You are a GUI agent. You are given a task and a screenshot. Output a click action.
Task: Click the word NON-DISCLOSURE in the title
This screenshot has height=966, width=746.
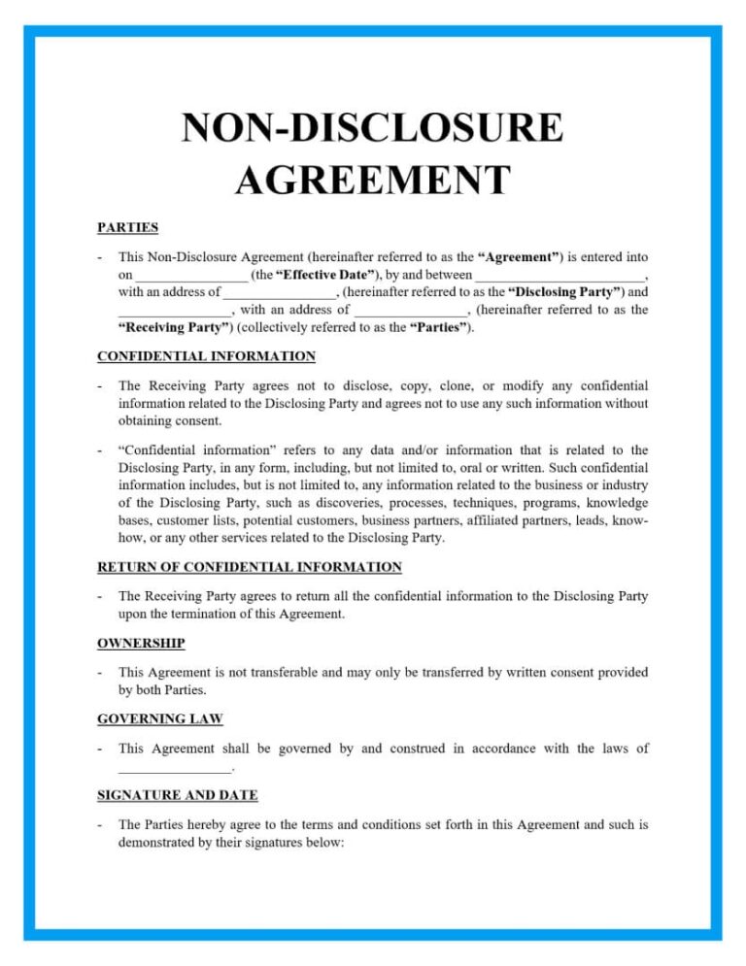click(372, 130)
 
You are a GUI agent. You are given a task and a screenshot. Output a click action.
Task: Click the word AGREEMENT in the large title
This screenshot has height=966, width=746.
click(372, 181)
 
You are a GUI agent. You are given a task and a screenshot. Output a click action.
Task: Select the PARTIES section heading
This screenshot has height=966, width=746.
click(127, 227)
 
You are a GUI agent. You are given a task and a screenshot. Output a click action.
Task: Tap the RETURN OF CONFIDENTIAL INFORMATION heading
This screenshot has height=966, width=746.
click(249, 566)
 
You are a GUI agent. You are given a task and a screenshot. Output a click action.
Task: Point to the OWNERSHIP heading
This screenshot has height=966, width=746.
click(141, 642)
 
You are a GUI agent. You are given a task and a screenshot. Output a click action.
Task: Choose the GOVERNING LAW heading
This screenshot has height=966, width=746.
click(159, 718)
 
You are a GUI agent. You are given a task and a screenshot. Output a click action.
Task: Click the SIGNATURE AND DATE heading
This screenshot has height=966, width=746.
click(177, 794)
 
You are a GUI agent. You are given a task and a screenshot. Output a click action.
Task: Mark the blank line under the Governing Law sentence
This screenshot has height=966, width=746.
click(175, 769)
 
